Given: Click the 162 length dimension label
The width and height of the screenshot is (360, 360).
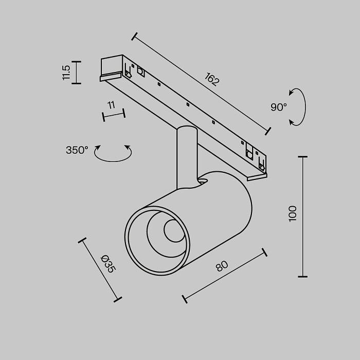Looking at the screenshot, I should point(212,80).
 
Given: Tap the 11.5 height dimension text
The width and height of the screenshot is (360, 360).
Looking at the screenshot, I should point(66,73).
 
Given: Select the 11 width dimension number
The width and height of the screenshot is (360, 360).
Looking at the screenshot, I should point(111,105).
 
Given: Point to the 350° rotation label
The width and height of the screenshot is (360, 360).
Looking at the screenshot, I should point(77,150).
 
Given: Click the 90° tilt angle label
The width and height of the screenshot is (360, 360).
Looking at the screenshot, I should point(279,107).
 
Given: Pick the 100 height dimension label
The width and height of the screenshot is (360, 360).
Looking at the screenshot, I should point(293,213).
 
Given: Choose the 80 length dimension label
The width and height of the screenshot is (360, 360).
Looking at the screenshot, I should point(222,266).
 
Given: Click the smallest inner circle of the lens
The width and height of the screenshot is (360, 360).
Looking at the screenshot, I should point(173,231).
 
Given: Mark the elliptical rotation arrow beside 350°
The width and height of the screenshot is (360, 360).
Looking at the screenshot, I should point(113,154).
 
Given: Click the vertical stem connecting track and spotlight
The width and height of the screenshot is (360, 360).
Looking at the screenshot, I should point(186,157).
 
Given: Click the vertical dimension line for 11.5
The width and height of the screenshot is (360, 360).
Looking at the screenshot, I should point(76,73).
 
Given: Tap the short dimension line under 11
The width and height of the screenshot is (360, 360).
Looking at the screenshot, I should point(114,115).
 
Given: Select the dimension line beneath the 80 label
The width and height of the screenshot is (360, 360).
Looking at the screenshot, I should point(224,275).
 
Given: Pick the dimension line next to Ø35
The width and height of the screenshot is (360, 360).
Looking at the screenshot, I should point(100,269).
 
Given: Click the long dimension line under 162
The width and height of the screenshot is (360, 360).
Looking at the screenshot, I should point(201,84).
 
